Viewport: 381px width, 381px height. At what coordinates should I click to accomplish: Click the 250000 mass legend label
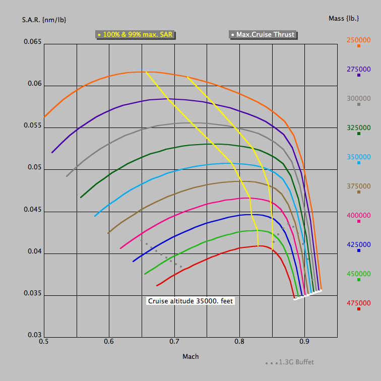pyautogui.click(x=358, y=39)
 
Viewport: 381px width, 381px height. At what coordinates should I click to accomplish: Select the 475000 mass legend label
pyautogui.click(x=358, y=302)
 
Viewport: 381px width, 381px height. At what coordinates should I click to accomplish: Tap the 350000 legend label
pyautogui.click(x=358, y=156)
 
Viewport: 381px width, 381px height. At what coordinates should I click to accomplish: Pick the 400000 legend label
pyautogui.click(x=358, y=215)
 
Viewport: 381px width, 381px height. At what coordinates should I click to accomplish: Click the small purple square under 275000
pyautogui.click(x=359, y=75)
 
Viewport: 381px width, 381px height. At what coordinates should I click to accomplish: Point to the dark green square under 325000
pyautogui.click(x=359, y=134)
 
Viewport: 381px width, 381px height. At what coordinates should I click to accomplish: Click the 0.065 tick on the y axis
pyautogui.click(x=31, y=42)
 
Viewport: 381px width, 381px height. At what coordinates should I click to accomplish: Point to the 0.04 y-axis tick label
pyautogui.click(x=33, y=251)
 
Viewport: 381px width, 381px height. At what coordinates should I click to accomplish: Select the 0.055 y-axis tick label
pyautogui.click(x=31, y=125)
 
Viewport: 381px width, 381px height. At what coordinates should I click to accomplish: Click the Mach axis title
pyautogui.click(x=190, y=356)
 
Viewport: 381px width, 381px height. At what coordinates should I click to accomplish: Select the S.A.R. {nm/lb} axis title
pyautogui.click(x=44, y=20)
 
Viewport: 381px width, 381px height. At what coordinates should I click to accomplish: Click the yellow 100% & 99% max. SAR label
pyautogui.click(x=138, y=35)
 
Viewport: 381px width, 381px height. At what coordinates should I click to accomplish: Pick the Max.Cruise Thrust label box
pyautogui.click(x=263, y=35)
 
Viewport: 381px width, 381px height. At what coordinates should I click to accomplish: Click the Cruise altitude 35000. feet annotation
pyautogui.click(x=190, y=301)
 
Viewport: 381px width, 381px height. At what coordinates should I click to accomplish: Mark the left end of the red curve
pyautogui.click(x=157, y=286)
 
